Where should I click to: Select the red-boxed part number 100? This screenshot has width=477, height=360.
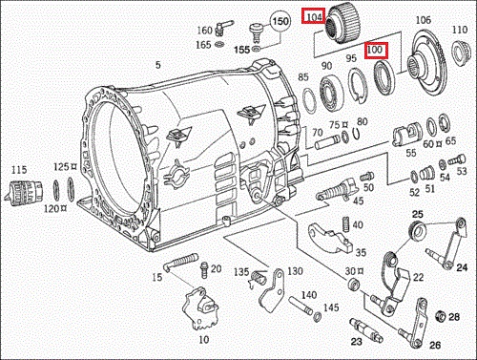375,49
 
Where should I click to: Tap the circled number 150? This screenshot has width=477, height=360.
280,20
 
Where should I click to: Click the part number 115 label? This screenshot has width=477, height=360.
18,169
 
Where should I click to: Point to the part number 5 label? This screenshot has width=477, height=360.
158,65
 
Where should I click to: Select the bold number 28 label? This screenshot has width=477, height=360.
454,317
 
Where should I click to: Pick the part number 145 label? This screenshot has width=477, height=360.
331,307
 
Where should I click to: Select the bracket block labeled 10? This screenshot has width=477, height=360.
203,309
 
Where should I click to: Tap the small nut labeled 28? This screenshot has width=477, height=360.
439,316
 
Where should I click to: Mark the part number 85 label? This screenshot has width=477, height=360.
302,76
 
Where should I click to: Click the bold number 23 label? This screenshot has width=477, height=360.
357,341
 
